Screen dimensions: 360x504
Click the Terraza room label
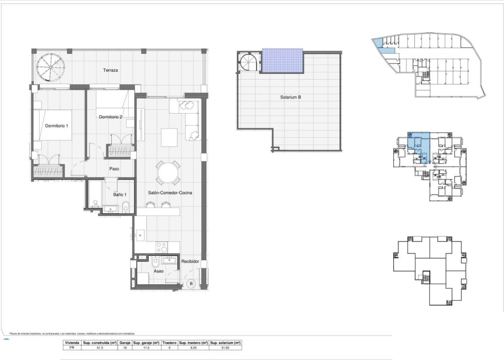coord(110,70)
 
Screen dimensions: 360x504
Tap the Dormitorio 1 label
coord(57,126)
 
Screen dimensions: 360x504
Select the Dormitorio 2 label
coord(110,117)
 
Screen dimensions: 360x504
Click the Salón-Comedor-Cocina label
coord(170,193)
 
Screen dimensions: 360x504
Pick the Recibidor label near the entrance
coord(190,262)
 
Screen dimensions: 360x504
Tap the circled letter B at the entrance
coord(192,283)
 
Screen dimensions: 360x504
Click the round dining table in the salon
coord(167,173)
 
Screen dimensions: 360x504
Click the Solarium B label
coord(290,97)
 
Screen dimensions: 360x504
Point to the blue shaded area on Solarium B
coord(282,60)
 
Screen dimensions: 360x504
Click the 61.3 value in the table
coord(100,347)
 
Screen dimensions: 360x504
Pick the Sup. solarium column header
coord(225,342)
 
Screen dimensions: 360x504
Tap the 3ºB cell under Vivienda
coord(71,347)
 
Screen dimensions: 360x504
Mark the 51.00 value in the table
coord(225,347)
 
